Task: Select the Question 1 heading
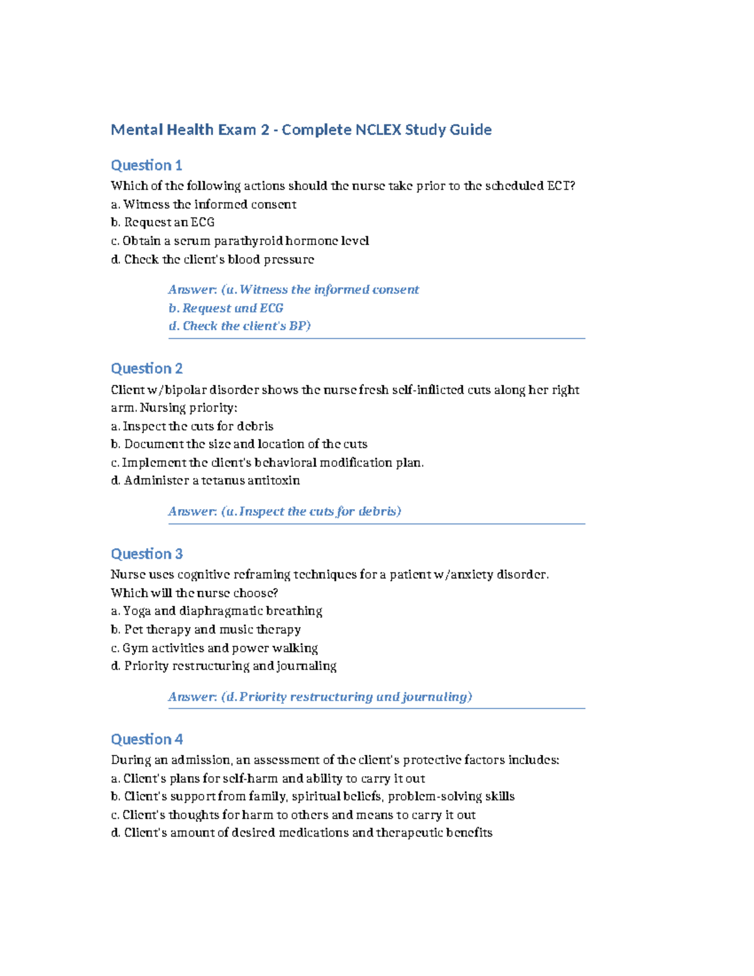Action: pos(146,165)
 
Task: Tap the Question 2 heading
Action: pos(146,368)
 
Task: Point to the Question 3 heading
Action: pos(146,554)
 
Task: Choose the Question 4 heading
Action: pos(146,739)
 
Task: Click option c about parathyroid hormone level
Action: pos(239,241)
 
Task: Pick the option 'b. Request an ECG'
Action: pos(163,222)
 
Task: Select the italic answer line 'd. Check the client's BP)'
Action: pos(239,326)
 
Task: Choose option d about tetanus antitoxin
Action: pos(205,481)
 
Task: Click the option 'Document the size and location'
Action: pos(239,444)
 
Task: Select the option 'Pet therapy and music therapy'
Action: pos(205,630)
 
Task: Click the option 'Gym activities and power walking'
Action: pos(214,648)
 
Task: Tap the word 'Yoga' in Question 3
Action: pos(136,611)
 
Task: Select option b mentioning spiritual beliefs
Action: pos(312,797)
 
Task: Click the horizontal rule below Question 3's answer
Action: pos(376,708)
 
